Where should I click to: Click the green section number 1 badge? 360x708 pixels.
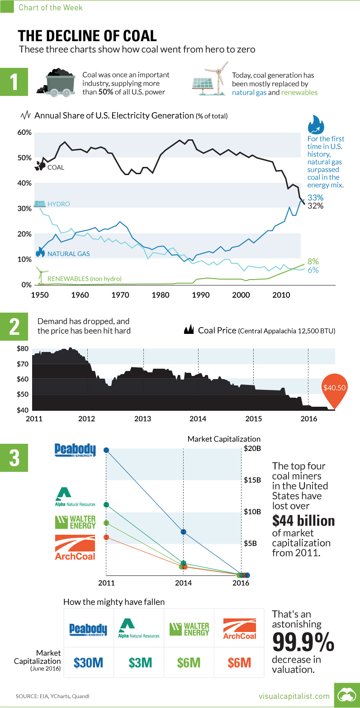coord(14,83)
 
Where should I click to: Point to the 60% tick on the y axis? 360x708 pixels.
coord(24,133)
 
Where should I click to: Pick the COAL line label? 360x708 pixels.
coord(56,167)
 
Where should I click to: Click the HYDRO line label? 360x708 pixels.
coord(60,204)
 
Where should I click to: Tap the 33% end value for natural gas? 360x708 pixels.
coord(315,198)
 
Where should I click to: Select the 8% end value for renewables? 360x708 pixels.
coord(313,261)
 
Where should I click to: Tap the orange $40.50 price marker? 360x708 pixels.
coord(335,388)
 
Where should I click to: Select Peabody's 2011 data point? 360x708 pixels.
coord(106,450)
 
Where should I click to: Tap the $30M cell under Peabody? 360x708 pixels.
coord(89,663)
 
